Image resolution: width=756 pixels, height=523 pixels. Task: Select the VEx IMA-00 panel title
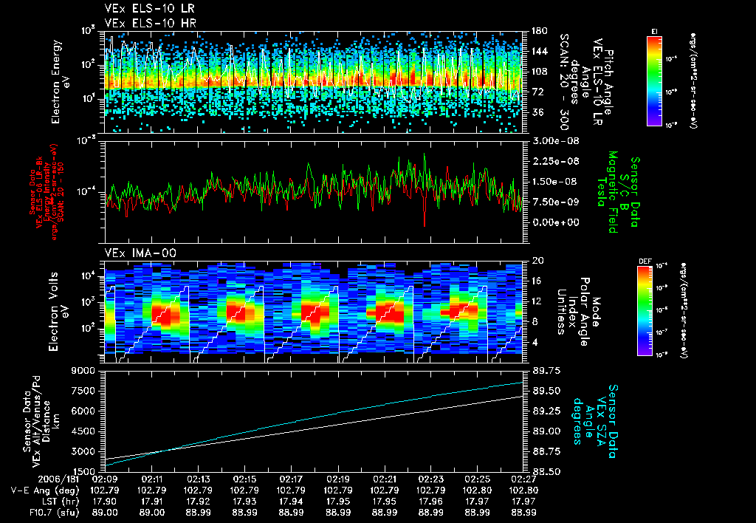click(133, 253)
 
